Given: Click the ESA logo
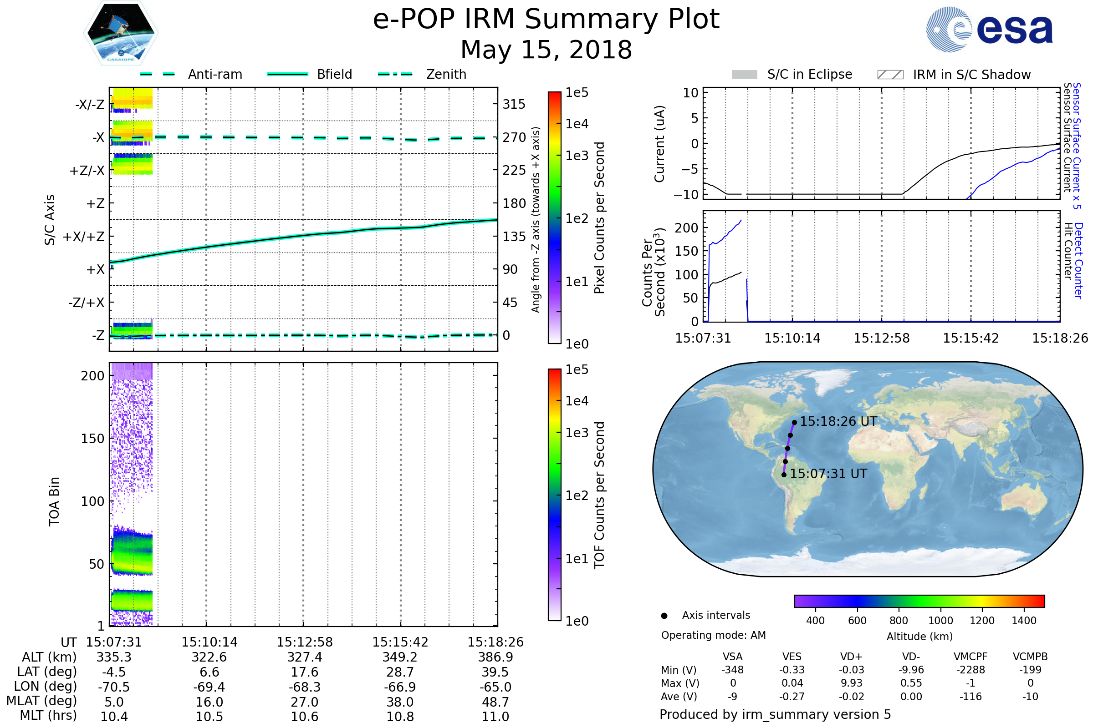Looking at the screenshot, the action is [x=989, y=29].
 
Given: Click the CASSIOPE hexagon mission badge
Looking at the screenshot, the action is [x=121, y=33].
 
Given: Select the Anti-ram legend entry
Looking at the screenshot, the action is [x=191, y=74].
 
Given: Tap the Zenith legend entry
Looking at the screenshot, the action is [x=422, y=74].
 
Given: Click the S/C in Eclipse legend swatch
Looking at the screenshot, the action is [x=745, y=75].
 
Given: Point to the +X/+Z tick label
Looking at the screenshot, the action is [x=84, y=237].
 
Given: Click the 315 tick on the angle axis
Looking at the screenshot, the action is [x=514, y=104].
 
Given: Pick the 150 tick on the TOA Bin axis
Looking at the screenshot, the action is [x=92, y=439].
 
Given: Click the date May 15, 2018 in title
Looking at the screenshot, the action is [x=546, y=50].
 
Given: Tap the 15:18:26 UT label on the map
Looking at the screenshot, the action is [x=838, y=422].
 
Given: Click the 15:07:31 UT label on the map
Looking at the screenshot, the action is [x=828, y=474].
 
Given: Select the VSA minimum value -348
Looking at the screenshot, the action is [x=732, y=670].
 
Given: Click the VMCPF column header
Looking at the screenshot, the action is [x=970, y=657].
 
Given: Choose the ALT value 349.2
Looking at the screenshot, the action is [x=400, y=657].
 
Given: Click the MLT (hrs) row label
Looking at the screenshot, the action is [x=48, y=715].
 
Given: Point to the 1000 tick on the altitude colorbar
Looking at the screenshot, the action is [x=940, y=620].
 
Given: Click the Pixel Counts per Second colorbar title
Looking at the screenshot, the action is [x=599, y=218].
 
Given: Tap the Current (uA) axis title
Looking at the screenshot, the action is [x=660, y=144].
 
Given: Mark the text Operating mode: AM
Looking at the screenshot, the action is [x=713, y=635].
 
